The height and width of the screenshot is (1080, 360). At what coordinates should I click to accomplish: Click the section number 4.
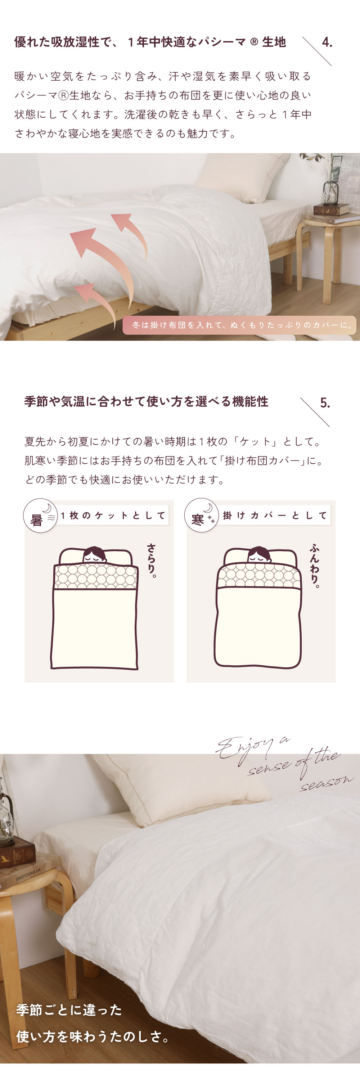(327, 42)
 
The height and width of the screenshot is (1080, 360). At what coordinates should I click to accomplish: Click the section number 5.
(325, 403)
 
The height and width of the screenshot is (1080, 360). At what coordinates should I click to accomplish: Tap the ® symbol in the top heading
(253, 42)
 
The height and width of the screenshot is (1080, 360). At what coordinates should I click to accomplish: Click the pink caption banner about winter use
(239, 325)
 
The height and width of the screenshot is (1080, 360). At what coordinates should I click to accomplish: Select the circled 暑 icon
(40, 515)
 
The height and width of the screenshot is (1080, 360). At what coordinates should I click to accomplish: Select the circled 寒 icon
(201, 515)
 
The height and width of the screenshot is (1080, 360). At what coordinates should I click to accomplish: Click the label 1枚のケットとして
(113, 515)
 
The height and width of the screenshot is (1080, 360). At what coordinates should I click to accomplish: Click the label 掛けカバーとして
(275, 515)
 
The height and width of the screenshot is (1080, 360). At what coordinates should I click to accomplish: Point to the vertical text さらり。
(151, 561)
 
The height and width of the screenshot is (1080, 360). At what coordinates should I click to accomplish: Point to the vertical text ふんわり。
(314, 566)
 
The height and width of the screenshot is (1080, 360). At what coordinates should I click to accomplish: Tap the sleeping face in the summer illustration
(94, 555)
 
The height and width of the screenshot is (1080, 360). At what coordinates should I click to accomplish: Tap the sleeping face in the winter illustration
(259, 555)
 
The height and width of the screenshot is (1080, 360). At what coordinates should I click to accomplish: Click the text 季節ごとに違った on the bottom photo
(69, 1010)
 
